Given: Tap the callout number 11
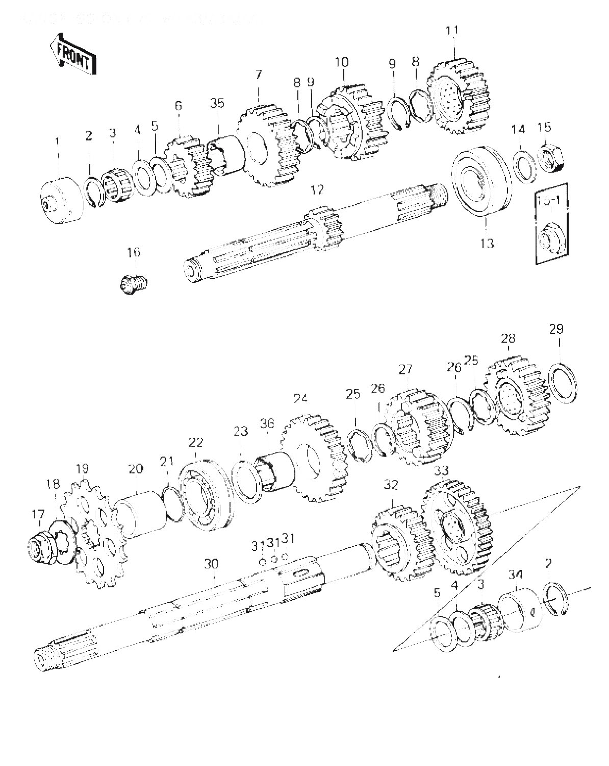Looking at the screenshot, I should click(452, 31).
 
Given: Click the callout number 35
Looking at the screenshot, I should click(217, 104).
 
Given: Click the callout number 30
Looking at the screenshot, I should click(211, 564).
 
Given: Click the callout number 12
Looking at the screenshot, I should click(317, 190).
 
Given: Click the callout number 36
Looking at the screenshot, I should click(267, 423).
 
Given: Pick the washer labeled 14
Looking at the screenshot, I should click(522, 164).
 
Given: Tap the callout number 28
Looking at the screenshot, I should click(508, 339).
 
